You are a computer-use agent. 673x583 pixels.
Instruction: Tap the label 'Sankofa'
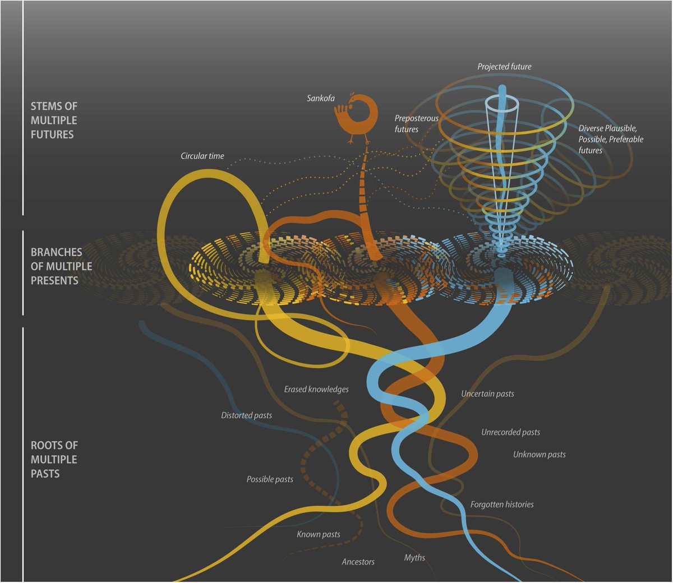click(x=321, y=98)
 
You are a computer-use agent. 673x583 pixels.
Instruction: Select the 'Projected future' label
click(x=504, y=67)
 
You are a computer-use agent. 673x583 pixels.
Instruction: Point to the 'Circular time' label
click(x=202, y=156)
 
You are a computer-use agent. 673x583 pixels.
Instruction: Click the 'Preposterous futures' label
click(x=416, y=124)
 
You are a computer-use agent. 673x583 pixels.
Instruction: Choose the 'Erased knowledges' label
click(x=316, y=389)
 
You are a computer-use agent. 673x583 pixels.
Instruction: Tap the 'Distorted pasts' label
click(x=246, y=415)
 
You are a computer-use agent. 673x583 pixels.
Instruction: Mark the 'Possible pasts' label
click(x=270, y=479)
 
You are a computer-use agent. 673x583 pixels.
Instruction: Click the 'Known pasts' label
click(x=319, y=534)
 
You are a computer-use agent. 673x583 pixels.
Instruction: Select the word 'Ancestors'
click(x=358, y=562)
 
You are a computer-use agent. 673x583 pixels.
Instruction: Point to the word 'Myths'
click(x=414, y=558)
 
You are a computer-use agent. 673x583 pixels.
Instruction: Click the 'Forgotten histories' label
click(x=502, y=505)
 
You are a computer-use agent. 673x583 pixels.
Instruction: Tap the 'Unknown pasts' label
click(x=539, y=455)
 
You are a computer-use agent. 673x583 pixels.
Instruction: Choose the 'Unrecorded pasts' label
click(x=510, y=432)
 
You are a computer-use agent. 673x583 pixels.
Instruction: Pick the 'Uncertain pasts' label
click(x=487, y=394)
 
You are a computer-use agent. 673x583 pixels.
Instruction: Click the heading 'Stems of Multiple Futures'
click(x=54, y=121)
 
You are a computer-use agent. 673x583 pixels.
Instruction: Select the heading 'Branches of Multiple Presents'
click(x=61, y=266)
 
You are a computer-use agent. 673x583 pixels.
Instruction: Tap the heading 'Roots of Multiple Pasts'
click(x=54, y=460)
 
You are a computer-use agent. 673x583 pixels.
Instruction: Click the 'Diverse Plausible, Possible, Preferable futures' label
click(x=611, y=139)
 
